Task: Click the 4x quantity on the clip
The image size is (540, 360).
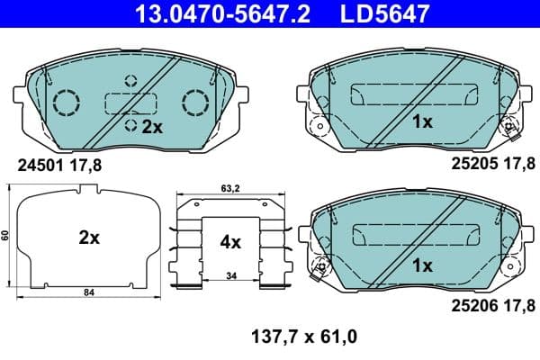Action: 230,241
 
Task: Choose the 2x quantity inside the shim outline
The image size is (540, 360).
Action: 87,238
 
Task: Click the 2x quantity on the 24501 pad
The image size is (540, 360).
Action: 149,128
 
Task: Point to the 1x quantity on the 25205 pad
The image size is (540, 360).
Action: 423,121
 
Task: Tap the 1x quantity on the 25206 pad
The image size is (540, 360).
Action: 423,265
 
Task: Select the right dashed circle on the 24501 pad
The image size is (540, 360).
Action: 194,103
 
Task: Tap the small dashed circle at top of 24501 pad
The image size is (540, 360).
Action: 131,80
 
